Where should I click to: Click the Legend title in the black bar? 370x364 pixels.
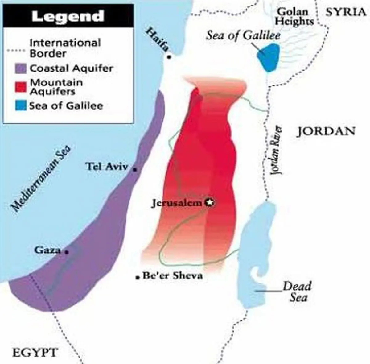point(68,16)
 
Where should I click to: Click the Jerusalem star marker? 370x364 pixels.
point(210,203)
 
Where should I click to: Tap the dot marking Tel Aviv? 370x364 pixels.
point(134,169)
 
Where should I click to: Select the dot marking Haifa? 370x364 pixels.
point(169,57)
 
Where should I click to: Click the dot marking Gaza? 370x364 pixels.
point(66,252)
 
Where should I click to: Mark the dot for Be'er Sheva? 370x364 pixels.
point(138,277)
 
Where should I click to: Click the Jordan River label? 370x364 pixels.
point(277,150)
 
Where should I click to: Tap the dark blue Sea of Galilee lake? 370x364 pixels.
point(268,57)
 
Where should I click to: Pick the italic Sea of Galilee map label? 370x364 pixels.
point(243,35)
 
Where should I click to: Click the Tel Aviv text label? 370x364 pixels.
point(107,167)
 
